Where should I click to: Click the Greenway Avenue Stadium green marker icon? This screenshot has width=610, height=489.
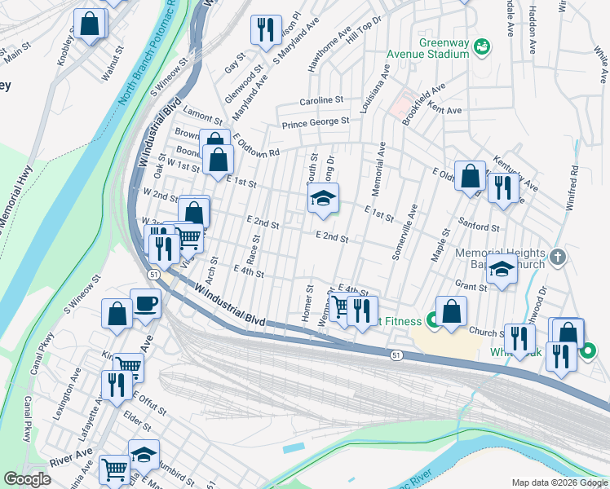click(x=482, y=47)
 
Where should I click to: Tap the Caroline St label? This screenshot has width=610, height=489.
click(x=322, y=100)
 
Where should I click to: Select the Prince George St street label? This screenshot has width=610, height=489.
click(x=316, y=123)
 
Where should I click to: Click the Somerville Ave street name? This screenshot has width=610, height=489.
click(x=404, y=231)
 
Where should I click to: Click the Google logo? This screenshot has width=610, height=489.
click(x=28, y=478)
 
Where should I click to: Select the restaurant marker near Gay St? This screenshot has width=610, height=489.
click(x=265, y=31)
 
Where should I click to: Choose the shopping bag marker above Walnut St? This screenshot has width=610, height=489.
click(x=90, y=24)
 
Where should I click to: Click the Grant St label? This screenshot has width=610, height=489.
click(x=471, y=286)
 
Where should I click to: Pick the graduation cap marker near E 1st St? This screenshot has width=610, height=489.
click(x=323, y=200)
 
